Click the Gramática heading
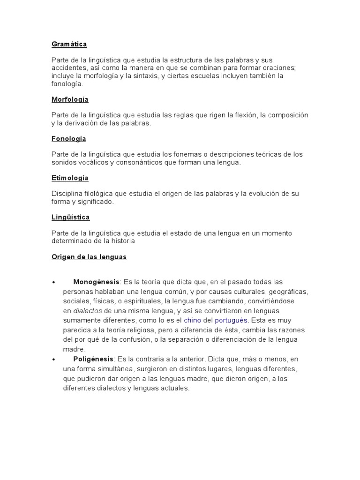pos(69,44)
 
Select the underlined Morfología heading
pos(70,100)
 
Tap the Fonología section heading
pos(68,139)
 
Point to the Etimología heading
pos(70,178)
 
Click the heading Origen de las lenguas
pos(89,257)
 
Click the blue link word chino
pos(192,320)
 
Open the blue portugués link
pos(231,320)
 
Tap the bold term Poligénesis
pos(93,359)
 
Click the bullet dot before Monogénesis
pos(54,282)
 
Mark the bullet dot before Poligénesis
pos(54,360)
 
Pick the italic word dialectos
pos(88,311)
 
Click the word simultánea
pos(102,369)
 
